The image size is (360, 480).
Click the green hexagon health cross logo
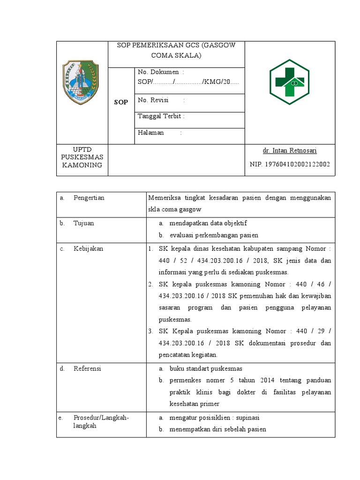pyautogui.click(x=289, y=82)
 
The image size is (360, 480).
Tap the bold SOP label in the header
pyautogui.click(x=121, y=102)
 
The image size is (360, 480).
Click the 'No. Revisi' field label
pyautogui.click(x=154, y=100)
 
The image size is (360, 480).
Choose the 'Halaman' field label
pyautogui.click(x=151, y=133)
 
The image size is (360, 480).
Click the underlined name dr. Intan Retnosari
pyautogui.click(x=290, y=150)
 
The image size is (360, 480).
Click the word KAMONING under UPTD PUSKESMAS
pyautogui.click(x=82, y=165)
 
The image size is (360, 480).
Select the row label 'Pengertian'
pyautogui.click(x=89, y=198)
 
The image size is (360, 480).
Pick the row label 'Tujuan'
pyautogui.click(x=84, y=223)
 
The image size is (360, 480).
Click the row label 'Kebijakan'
pyautogui.click(x=89, y=248)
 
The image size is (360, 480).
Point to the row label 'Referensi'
pyautogui.click(x=87, y=368)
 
